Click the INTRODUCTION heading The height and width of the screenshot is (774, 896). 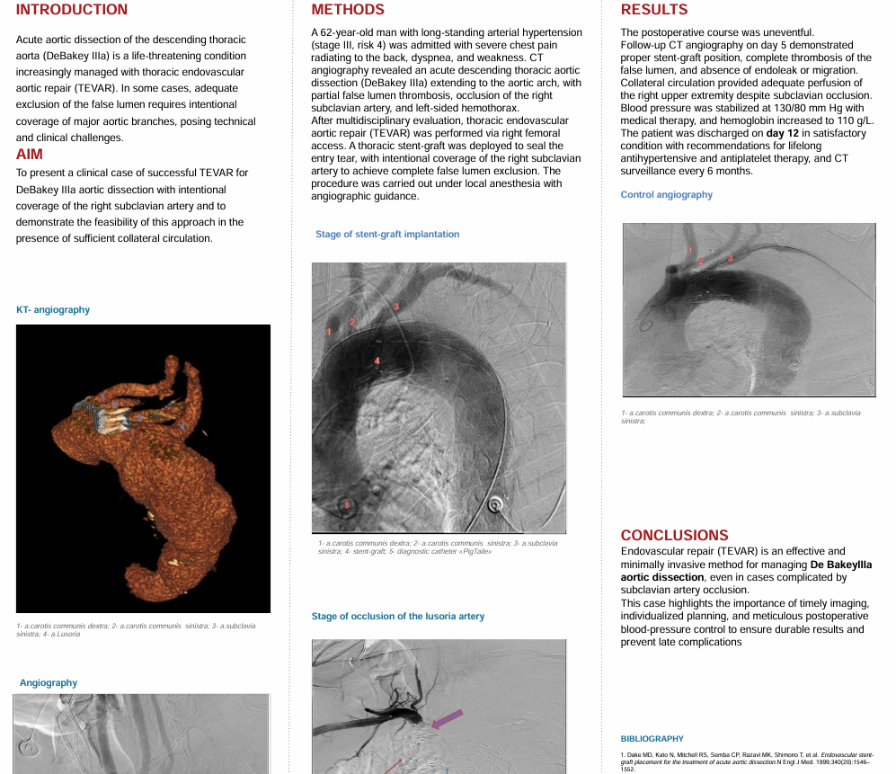coord(72,10)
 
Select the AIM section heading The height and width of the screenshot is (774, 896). coord(30,154)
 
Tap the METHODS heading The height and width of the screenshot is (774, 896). coord(348,10)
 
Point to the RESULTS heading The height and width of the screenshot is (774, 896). coord(654,10)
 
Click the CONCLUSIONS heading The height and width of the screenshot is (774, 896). coord(674,535)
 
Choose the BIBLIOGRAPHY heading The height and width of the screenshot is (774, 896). coord(652,739)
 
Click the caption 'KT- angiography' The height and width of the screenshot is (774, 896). coord(53,310)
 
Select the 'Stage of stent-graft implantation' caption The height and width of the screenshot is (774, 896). coord(387,235)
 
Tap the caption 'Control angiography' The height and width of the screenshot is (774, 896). coord(667,195)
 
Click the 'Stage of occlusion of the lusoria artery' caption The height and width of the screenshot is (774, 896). coord(398,617)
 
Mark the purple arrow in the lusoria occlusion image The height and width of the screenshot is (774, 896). coord(448,717)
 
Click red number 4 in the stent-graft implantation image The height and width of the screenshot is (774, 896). coord(377,361)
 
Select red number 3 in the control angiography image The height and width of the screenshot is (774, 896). coord(730,258)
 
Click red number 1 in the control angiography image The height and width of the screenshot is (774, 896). coord(689,250)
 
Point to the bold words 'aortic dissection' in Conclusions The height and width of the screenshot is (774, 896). coord(662,577)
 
